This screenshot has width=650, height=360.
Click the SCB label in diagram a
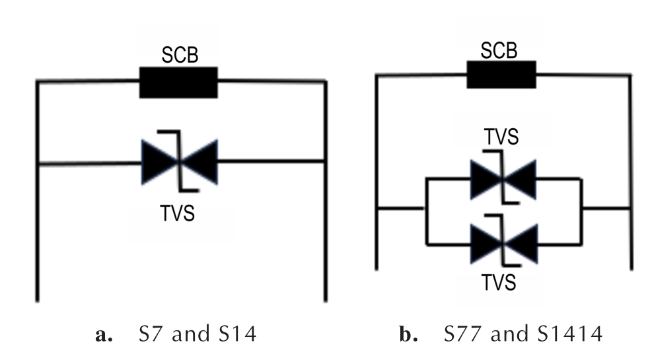(x=180, y=55)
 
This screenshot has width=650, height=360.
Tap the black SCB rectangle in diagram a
(x=178, y=83)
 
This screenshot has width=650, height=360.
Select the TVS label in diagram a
(x=178, y=213)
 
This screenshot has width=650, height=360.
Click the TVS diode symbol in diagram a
(x=179, y=162)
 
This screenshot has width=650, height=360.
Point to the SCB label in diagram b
(x=499, y=51)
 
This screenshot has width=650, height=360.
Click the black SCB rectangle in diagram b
(x=501, y=75)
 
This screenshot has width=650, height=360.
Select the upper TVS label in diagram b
(x=501, y=137)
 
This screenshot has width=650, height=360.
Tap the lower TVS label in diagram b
(x=499, y=283)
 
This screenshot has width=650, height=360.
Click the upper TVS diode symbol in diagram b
(x=503, y=178)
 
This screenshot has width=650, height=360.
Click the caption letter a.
(x=103, y=335)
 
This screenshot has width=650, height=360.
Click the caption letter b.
(x=408, y=334)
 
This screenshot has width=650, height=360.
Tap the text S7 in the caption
(x=151, y=334)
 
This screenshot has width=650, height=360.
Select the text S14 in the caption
(x=238, y=334)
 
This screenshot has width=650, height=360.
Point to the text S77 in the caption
(x=462, y=334)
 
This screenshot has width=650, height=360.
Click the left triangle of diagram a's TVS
(x=160, y=162)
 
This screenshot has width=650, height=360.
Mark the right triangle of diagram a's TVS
(x=199, y=162)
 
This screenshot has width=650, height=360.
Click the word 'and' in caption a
(x=191, y=334)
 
